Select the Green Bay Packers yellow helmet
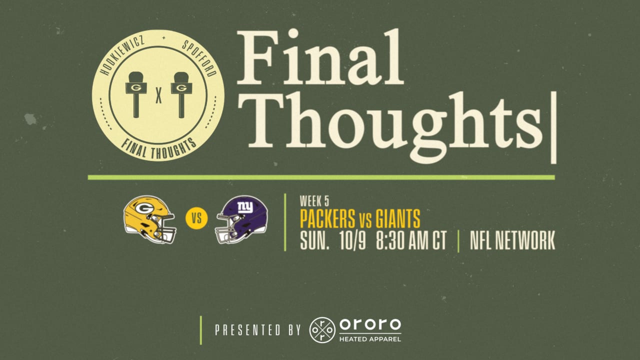click(149, 219)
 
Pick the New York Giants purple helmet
click(242, 219)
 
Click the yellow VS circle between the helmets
click(195, 219)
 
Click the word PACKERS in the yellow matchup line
click(327, 219)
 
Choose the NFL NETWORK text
click(512, 241)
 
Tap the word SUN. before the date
click(314, 241)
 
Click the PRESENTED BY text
click(257, 330)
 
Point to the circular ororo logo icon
click(322, 330)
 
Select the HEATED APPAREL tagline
click(370, 338)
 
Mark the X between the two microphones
click(158, 94)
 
